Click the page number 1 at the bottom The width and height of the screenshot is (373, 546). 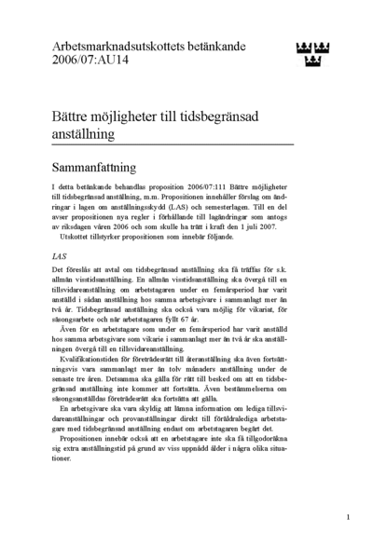pyautogui.click(x=347, y=515)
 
